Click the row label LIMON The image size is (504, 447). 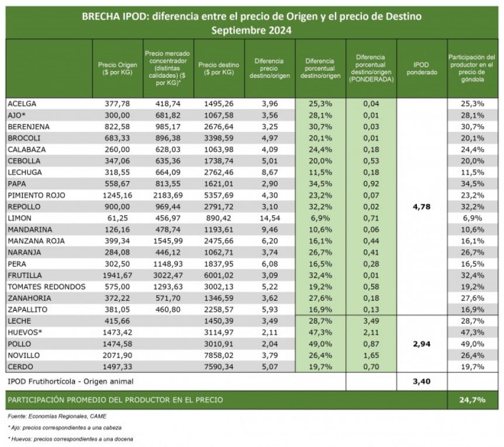click(20, 219)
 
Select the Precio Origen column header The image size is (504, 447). click(118, 68)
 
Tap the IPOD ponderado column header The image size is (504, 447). click(422, 68)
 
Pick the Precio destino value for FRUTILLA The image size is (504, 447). click(219, 276)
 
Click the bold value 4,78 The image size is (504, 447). click(422, 207)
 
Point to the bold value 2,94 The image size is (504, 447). click(422, 344)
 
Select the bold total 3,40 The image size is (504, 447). click(422, 382)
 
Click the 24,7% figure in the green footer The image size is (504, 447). click(472, 400)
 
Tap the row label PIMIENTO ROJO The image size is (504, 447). click(36, 195)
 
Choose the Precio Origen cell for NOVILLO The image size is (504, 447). click(118, 355)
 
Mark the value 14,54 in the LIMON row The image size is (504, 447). click(270, 219)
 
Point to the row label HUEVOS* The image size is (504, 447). click(25, 332)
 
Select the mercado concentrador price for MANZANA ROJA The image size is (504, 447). click(168, 241)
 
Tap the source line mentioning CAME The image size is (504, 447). click(57, 417)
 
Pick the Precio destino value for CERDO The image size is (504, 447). click(219, 367)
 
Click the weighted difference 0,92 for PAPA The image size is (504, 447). click(371, 184)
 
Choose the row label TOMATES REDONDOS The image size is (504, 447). click(47, 287)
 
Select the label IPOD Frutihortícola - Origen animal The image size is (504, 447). click(70, 382)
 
